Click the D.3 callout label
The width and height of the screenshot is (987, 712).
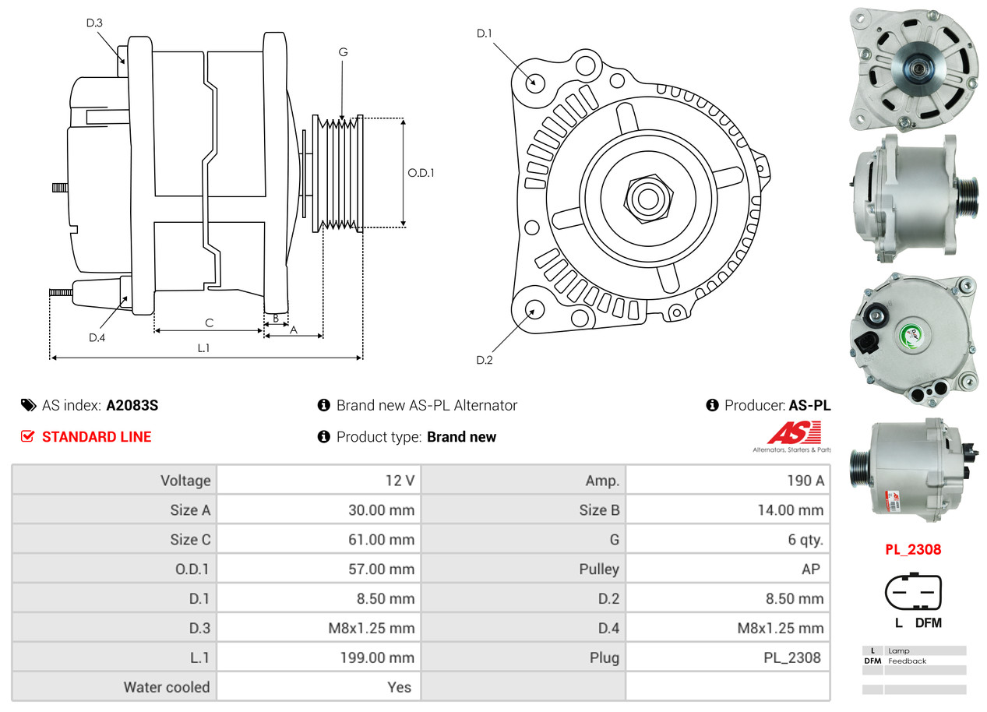94,23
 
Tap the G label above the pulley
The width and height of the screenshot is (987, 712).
344,52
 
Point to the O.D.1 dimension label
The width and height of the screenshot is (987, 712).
421,173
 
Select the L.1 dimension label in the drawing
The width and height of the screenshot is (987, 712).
203,348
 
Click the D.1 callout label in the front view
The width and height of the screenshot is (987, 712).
485,33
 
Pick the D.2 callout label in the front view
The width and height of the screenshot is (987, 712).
485,360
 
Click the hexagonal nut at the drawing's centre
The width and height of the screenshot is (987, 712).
648,199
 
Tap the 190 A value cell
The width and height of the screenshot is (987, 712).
805,480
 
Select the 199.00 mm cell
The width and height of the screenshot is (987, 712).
377,657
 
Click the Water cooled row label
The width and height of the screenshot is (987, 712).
167,687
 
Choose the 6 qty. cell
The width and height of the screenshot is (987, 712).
805,539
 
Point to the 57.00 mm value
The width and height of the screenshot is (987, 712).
382,569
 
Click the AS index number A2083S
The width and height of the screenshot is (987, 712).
132,405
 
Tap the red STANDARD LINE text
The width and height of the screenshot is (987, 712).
97,437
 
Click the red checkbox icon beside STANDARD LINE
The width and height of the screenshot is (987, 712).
27,436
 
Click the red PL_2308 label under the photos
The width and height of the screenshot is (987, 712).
913,549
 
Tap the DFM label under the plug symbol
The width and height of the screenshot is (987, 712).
929,622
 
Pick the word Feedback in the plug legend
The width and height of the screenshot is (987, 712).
907,661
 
